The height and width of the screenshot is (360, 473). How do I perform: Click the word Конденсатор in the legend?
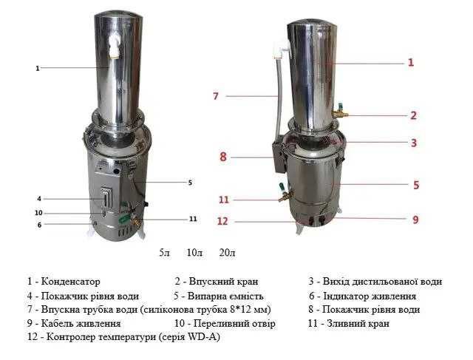[x=70, y=282]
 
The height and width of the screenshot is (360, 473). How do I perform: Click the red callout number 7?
[x=216, y=96]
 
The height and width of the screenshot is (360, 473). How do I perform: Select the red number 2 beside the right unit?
[x=414, y=115]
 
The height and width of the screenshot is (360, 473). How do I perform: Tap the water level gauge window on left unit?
[x=106, y=199]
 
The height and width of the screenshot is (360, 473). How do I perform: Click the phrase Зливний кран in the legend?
[x=364, y=324]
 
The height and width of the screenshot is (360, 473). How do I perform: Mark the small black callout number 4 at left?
[x=39, y=198]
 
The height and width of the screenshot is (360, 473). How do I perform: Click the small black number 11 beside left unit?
[x=193, y=219]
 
